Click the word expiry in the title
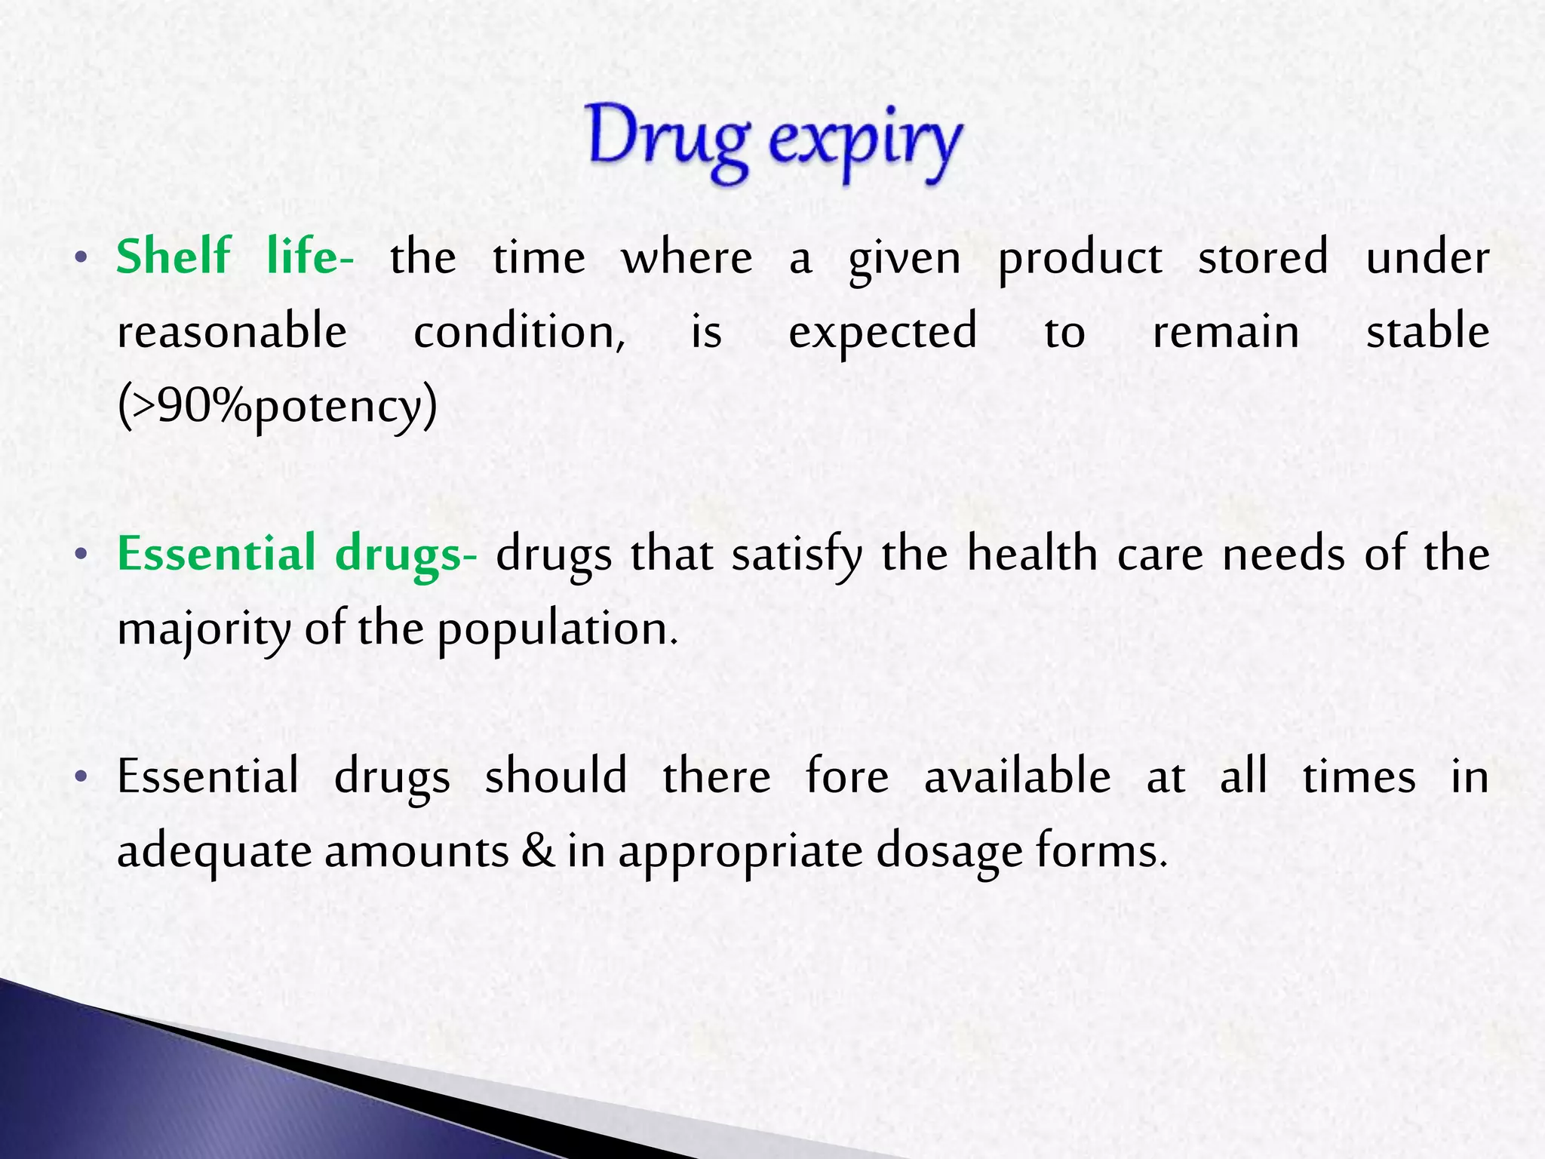866,143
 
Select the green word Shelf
174,257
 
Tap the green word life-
309,257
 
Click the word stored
1263,257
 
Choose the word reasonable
232,332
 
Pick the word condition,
519,333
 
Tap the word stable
1427,332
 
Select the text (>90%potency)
278,407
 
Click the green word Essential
217,553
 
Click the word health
1033,553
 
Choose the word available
1017,776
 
